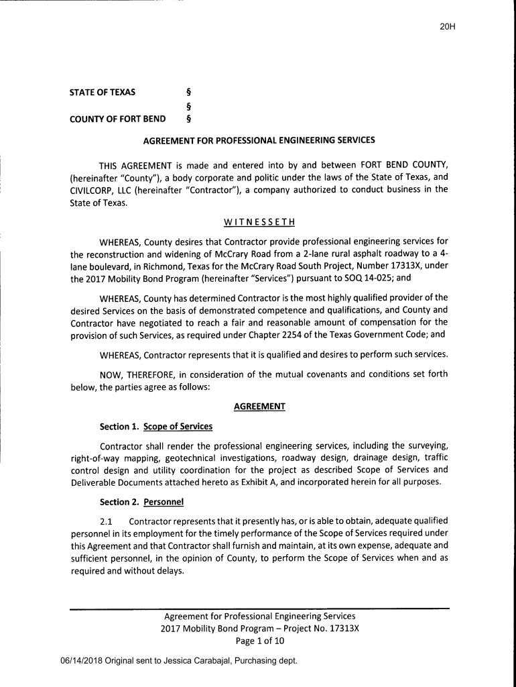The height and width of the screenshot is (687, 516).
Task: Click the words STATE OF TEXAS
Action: (x=103, y=92)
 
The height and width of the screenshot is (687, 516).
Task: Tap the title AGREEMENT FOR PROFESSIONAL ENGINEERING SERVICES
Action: (x=260, y=141)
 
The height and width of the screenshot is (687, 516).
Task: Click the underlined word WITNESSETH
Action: (x=259, y=222)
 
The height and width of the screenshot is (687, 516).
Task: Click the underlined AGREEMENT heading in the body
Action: (x=259, y=407)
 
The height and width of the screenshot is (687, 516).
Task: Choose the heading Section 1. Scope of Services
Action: (x=155, y=427)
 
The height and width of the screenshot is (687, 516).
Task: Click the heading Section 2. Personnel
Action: (x=141, y=502)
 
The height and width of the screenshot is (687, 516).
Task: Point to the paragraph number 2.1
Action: (x=107, y=521)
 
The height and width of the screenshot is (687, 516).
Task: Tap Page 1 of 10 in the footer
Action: (x=259, y=641)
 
